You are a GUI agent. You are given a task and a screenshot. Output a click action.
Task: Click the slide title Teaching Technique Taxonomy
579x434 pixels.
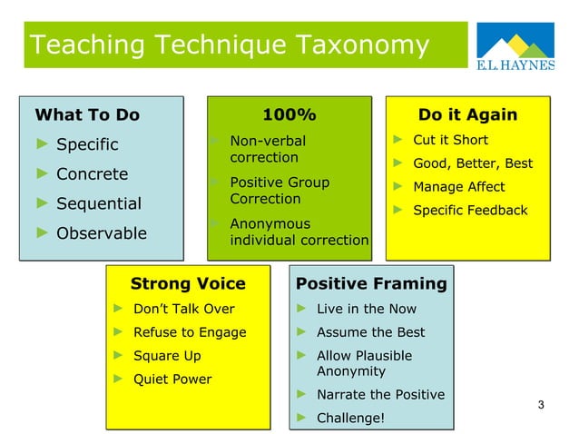coord(229,44)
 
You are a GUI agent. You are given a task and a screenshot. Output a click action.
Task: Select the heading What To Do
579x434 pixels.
coord(87,114)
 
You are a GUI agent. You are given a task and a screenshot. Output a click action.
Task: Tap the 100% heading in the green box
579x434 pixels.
coord(289,114)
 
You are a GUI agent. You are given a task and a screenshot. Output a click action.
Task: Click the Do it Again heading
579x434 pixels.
coord(467,114)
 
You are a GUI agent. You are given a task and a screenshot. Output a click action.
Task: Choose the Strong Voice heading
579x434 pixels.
coord(188,283)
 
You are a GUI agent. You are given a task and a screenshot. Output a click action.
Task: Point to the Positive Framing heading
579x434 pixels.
coord(371,283)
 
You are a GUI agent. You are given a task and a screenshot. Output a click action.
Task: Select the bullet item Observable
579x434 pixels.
coord(102,233)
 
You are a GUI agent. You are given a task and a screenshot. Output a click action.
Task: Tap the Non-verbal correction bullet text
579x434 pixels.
coord(268,149)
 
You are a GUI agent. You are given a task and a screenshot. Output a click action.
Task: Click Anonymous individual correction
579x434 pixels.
coord(299,232)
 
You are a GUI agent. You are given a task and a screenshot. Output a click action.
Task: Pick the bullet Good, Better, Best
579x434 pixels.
coord(473,163)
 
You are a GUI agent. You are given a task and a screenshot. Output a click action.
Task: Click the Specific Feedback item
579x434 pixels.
coord(470,210)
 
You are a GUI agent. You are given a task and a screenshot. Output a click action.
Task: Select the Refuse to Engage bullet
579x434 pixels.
coord(190,331)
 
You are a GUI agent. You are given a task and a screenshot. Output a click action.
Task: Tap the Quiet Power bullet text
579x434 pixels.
coord(172,379)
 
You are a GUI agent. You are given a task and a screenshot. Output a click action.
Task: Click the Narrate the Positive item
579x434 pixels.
coord(380,394)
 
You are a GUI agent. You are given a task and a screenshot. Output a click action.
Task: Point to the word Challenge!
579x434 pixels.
coord(350,418)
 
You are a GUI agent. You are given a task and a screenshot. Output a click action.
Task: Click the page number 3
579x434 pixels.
coord(541,404)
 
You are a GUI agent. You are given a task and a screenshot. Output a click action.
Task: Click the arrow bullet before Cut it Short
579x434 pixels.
coord(397,140)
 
